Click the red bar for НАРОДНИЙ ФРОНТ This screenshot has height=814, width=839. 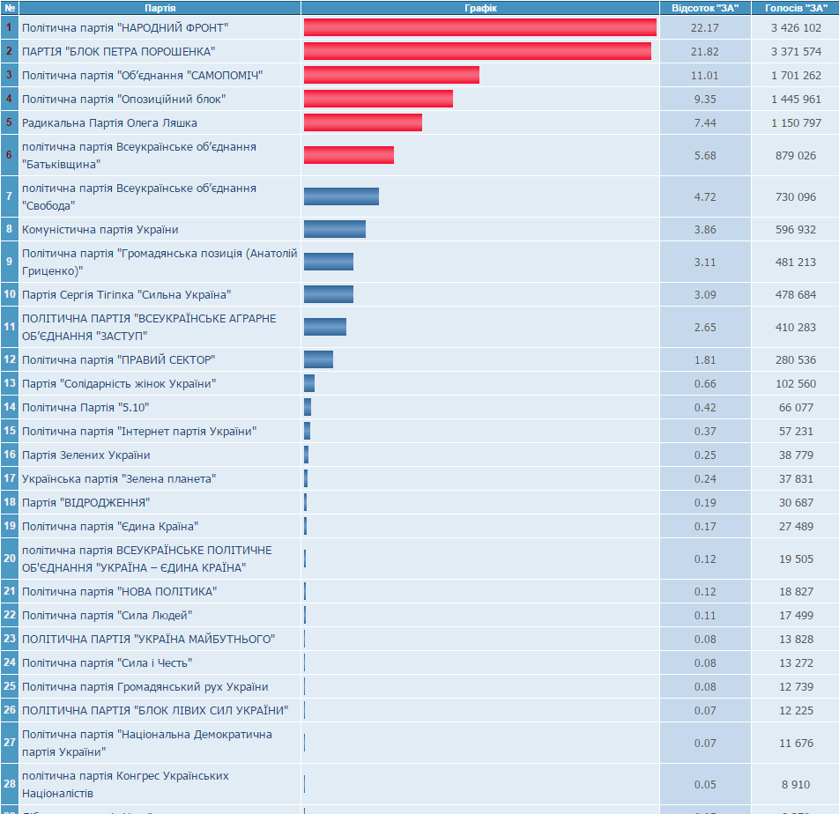point(479,28)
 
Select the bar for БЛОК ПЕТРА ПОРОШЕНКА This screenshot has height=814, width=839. point(477,51)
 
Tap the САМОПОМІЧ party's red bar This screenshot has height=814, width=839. point(391,75)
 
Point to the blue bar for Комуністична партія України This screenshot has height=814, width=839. point(335,229)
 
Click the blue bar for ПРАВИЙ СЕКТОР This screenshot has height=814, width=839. point(318,359)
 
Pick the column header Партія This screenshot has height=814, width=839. point(160,8)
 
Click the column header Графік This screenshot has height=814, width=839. point(480,8)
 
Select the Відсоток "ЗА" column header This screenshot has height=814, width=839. point(705,8)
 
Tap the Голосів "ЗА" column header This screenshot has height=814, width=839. point(796,8)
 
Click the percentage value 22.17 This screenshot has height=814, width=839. point(705,28)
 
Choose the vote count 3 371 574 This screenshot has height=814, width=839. point(796,51)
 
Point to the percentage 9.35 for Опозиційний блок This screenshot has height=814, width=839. point(705,99)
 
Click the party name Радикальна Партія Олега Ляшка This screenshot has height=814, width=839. point(109,122)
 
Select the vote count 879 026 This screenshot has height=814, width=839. point(796,155)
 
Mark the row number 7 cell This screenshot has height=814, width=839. point(9,196)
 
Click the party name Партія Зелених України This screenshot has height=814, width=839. point(85,455)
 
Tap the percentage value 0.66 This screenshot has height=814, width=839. point(705,383)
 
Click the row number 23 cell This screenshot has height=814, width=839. point(9,639)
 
